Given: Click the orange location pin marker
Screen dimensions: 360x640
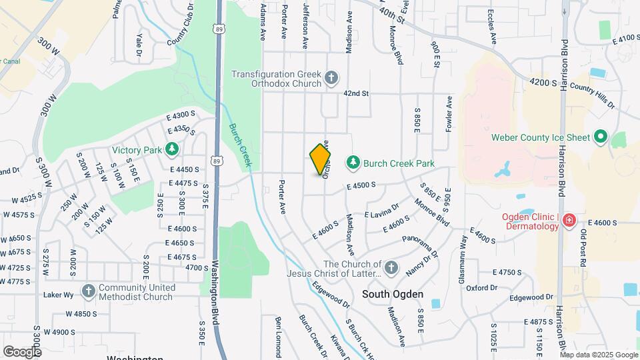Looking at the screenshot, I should pos(320,159).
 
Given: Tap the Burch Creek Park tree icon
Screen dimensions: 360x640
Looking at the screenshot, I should pos(353,163).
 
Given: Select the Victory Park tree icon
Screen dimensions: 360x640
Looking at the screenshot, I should pos(172,149).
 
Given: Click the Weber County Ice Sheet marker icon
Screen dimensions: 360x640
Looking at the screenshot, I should pos(600,138).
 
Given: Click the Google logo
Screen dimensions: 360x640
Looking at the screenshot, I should pos(22,352).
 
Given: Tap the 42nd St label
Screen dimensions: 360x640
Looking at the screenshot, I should pos(356,94).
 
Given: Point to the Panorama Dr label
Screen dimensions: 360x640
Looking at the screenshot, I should pos(426,245).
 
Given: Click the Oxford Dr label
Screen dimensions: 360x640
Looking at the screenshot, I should pos(482,288).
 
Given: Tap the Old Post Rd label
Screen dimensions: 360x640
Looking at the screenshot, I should pos(583,248).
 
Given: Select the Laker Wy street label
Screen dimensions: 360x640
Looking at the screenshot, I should pos(58,293).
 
